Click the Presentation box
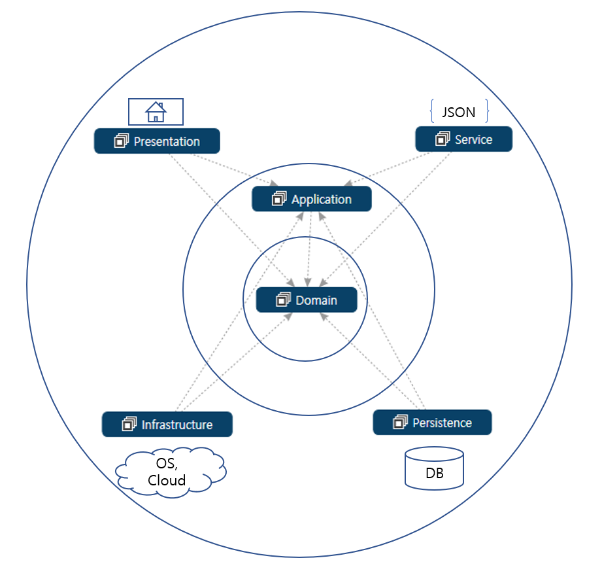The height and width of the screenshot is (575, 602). (157, 141)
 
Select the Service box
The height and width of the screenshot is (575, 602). (464, 139)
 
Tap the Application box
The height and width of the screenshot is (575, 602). (312, 199)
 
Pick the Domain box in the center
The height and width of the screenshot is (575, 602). (307, 300)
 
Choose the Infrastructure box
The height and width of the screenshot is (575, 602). (167, 425)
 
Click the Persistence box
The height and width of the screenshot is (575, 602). (432, 423)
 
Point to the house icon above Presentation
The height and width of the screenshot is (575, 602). (156, 112)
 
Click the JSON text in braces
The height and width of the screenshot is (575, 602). (459, 112)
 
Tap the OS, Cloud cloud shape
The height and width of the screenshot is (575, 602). (171, 471)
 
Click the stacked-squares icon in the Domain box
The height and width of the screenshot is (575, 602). (283, 300)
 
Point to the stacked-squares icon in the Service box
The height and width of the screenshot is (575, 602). (443, 139)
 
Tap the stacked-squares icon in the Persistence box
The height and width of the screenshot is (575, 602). (400, 423)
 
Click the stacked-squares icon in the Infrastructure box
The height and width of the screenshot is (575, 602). (129, 425)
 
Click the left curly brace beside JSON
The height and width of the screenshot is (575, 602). (433, 112)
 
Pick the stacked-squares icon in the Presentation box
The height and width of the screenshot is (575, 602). (121, 141)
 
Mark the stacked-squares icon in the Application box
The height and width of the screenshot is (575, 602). (278, 199)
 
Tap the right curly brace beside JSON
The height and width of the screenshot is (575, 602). (486, 112)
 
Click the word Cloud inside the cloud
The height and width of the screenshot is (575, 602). (167, 480)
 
